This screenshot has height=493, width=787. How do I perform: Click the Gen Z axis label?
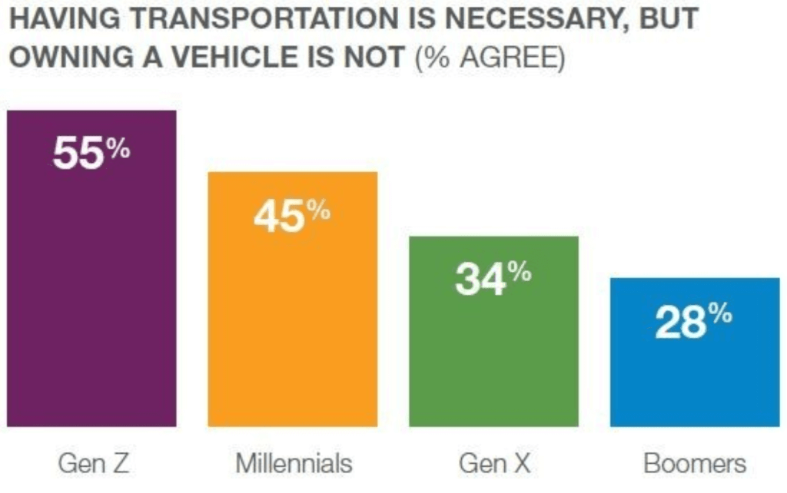(x=91, y=464)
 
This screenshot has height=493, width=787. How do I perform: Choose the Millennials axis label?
(x=293, y=464)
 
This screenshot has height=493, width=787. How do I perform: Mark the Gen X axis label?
(x=494, y=464)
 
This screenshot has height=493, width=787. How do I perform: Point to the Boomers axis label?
(x=695, y=464)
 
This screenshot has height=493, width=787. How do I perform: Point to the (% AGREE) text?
(x=490, y=58)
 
